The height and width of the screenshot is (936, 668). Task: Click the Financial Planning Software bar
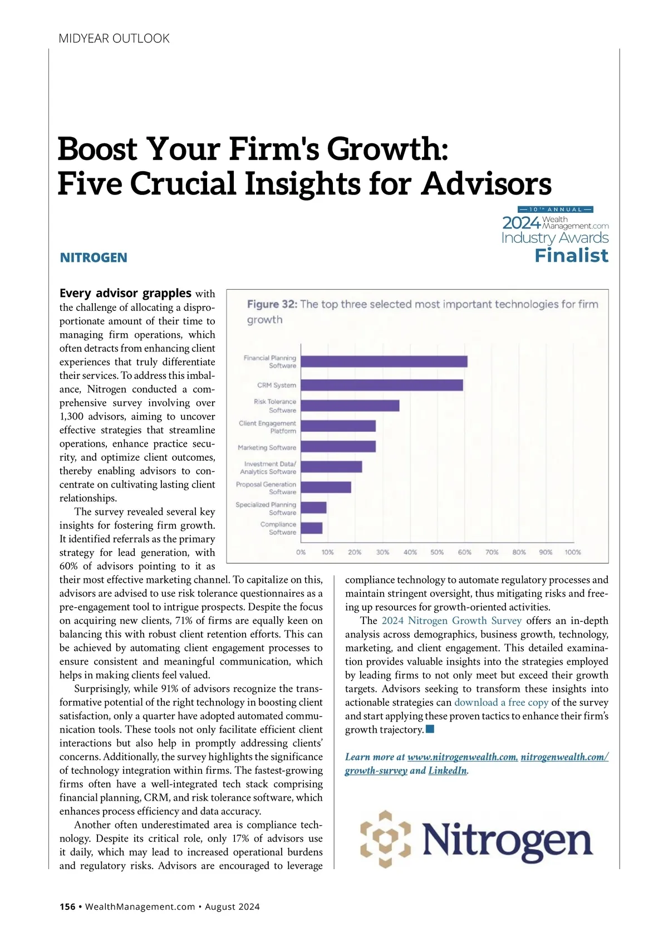[x=384, y=362]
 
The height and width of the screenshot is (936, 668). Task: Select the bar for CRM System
[x=381, y=385]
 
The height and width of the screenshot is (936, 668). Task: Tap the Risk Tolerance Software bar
[x=350, y=406]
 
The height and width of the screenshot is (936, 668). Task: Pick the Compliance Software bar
[x=311, y=528]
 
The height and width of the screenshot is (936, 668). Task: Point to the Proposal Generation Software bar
[x=326, y=487]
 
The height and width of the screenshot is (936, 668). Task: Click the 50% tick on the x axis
[x=437, y=552]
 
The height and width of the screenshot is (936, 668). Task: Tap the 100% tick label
[x=572, y=552]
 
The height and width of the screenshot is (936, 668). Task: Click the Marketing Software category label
[x=267, y=447]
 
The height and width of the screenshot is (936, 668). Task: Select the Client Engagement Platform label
[x=268, y=427]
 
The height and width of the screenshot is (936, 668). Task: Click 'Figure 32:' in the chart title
[x=272, y=304]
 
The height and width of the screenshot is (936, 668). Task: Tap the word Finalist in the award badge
[x=571, y=256]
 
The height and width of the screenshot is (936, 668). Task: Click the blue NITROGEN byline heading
[x=94, y=257]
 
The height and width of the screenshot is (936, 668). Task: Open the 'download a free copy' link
[x=501, y=703]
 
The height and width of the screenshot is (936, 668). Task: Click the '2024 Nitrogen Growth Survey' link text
[x=451, y=621]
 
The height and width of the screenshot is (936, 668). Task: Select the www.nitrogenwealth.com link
[x=463, y=757]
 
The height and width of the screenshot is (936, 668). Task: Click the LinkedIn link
[x=448, y=771]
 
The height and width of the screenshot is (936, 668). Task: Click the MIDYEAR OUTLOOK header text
[x=114, y=38]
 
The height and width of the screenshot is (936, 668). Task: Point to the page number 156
[x=67, y=906]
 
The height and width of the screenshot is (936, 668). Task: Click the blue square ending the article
[x=430, y=729]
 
